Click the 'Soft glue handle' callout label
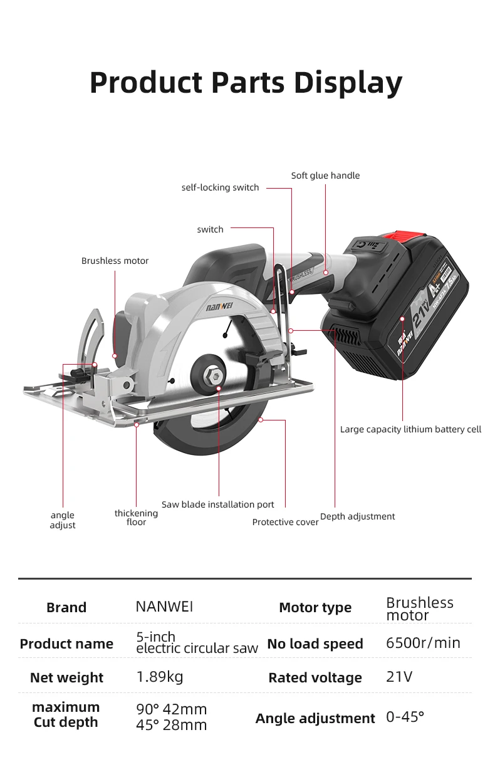325,175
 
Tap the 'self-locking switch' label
220,187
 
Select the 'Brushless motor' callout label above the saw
115,261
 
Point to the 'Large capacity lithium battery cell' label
410,429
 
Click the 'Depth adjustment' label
357,516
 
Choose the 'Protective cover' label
285,522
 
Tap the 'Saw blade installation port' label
217,504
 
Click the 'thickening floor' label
136,518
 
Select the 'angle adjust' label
63,520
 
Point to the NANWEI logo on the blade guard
219,308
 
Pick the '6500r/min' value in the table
423,643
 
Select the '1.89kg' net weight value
160,677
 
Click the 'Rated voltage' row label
315,678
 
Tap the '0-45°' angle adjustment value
405,717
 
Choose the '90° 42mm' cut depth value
171,709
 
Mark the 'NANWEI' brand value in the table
164,607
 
